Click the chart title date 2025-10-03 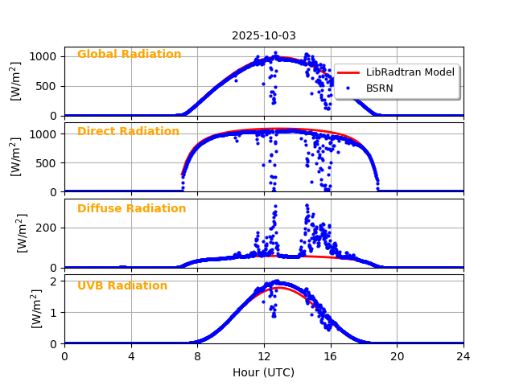[x=263, y=35]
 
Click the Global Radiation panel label [x=129, y=55]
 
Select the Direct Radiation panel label [x=128, y=132]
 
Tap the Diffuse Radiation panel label [x=131, y=209]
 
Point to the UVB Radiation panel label [x=122, y=286]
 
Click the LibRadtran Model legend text [x=410, y=72]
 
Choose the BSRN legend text [x=379, y=88]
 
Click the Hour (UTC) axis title [x=263, y=372]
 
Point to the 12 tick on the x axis [x=264, y=356]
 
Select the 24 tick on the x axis [x=463, y=356]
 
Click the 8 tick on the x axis [x=197, y=356]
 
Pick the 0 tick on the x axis [x=64, y=356]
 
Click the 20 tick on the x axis [x=397, y=356]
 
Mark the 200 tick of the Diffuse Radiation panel [x=47, y=228]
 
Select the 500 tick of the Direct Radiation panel [x=47, y=162]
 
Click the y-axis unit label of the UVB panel [x=37, y=310]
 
